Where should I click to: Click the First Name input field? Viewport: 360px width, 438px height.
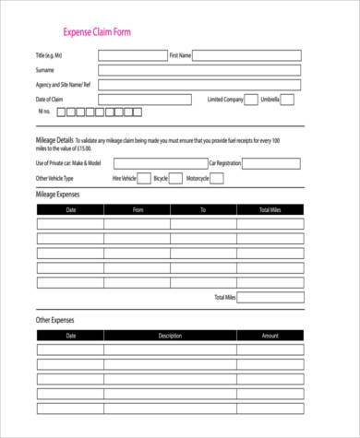coord(247,55)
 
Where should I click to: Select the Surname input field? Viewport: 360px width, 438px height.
coord(199,70)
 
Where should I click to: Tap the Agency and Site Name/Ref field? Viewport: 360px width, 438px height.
coord(199,85)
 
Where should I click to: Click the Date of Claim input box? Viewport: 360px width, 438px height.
coord(144,100)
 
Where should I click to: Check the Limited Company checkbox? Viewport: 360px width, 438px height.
coord(250,100)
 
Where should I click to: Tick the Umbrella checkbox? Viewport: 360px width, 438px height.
coord(288,100)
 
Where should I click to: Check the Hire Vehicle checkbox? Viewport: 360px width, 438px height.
coord(143,178)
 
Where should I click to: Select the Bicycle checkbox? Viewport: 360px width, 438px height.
coord(175,178)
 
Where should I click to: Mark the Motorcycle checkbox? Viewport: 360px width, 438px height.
coord(216,178)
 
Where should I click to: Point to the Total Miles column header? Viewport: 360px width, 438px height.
coord(270,209)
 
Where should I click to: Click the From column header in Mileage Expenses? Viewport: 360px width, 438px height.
coord(138,209)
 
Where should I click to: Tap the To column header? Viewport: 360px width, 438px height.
coord(203,209)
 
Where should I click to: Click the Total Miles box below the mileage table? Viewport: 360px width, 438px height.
coord(270,297)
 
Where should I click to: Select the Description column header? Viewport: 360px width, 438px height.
coord(170,336)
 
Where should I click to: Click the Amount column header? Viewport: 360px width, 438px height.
coord(270,336)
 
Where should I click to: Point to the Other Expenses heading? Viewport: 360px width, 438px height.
coord(54,320)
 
